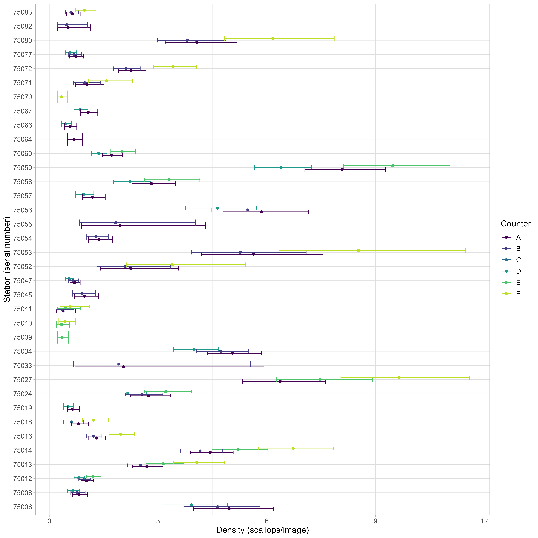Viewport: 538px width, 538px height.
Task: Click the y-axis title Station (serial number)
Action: pos(7,261)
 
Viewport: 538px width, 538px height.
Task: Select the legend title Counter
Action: pos(515,224)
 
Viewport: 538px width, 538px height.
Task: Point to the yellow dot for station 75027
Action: pos(399,378)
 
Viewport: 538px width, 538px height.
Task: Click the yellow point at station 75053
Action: pos(358,250)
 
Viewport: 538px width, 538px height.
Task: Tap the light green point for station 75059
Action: pos(393,166)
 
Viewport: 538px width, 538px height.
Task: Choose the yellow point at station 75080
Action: pos(273,38)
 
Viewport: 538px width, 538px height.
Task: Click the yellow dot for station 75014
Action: pos(293,448)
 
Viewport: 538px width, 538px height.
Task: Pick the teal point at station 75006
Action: pos(192,505)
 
